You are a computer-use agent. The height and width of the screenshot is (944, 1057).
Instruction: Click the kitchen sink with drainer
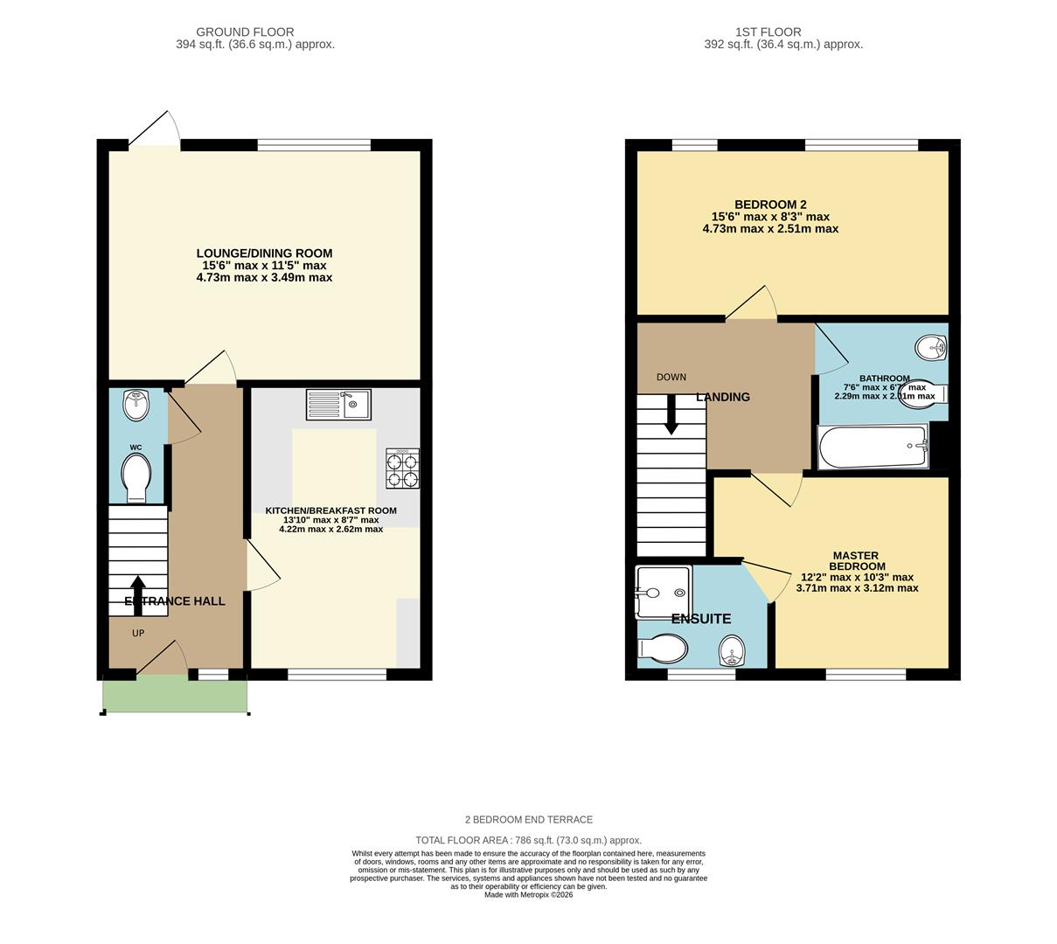click(x=338, y=405)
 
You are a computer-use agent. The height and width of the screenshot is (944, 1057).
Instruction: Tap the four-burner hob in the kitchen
click(x=402, y=469)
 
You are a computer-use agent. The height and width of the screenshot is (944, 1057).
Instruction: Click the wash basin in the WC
click(x=137, y=404)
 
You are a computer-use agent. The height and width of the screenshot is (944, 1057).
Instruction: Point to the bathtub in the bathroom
click(x=873, y=447)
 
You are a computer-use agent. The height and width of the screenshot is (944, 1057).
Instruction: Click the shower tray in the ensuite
click(x=664, y=592)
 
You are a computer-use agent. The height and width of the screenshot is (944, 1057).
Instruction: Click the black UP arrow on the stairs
click(x=138, y=594)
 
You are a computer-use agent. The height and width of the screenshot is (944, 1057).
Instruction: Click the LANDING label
click(x=723, y=397)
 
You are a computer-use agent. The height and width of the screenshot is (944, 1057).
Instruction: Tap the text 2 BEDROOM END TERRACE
click(x=528, y=820)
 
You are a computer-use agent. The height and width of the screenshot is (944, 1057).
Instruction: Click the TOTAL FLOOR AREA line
click(x=528, y=840)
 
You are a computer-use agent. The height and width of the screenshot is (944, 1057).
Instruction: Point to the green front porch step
click(x=175, y=695)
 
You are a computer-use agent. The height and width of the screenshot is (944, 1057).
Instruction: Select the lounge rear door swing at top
click(x=156, y=129)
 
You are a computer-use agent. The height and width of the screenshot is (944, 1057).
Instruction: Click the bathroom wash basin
click(x=933, y=349)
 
